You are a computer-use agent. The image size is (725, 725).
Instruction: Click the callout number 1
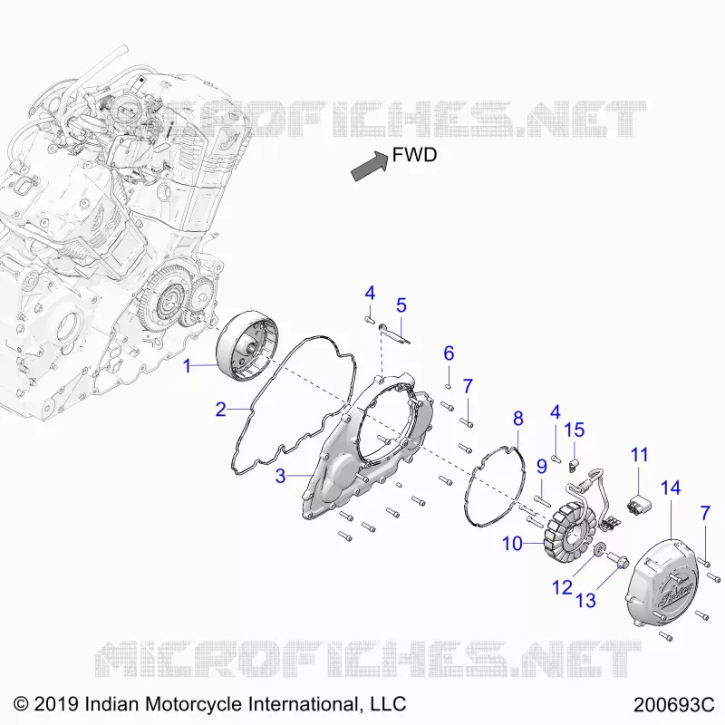click(187, 366)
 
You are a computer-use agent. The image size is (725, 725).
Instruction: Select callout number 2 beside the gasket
click(221, 410)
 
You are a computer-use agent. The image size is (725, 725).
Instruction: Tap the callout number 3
click(280, 476)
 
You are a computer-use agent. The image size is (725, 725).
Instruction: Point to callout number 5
click(401, 305)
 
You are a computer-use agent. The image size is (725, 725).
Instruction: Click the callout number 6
click(449, 353)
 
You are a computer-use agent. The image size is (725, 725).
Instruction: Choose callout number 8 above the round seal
click(518, 419)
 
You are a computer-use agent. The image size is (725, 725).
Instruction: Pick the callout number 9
click(542, 466)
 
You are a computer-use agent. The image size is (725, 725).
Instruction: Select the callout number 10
click(512, 543)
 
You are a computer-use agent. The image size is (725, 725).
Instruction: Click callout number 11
click(640, 455)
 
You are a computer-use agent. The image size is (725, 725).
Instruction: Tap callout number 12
click(562, 587)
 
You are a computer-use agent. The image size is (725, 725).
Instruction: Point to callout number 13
click(585, 601)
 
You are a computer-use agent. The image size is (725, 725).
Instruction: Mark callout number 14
click(671, 488)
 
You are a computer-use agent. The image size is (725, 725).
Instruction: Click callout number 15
click(575, 430)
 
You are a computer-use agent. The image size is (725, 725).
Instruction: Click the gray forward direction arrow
click(370, 167)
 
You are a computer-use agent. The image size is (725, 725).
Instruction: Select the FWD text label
click(414, 155)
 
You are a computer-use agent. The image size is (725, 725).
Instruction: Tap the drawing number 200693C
click(674, 705)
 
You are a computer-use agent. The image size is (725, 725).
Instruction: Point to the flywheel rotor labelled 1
click(248, 346)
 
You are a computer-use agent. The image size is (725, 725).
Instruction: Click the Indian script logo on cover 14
click(676, 594)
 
